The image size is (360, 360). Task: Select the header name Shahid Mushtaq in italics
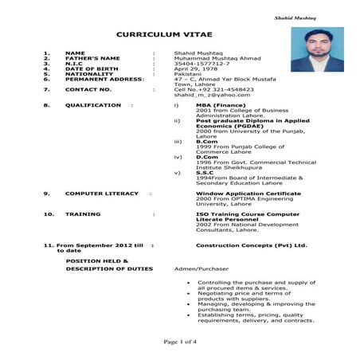[x=295, y=17]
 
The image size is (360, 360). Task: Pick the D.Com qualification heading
[x=205, y=156]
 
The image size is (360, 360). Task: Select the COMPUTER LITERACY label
[x=101, y=194]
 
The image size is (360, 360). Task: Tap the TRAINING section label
[x=83, y=213]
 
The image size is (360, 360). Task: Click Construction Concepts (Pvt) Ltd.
[x=251, y=245]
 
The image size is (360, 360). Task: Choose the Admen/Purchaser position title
[x=202, y=269]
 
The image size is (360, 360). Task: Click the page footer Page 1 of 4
[x=180, y=342]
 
